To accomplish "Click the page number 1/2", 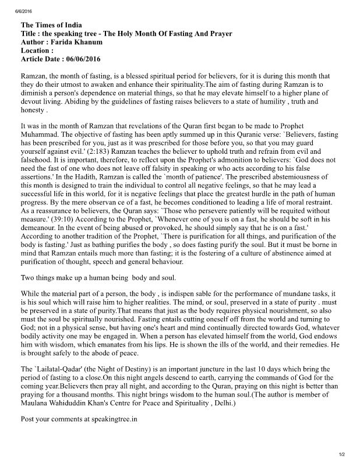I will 342,454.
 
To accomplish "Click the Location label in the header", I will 38,51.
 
